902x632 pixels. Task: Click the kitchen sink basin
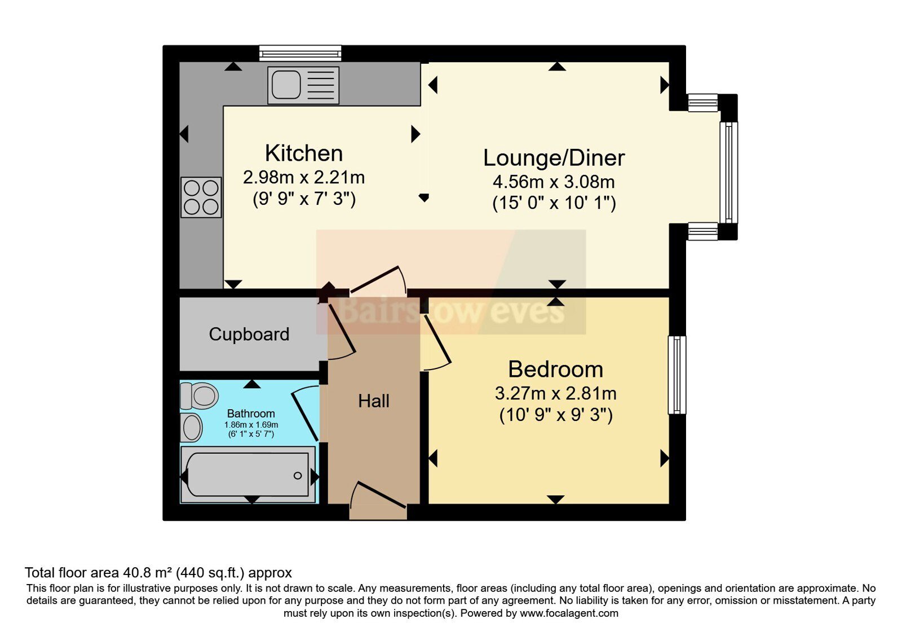(286, 85)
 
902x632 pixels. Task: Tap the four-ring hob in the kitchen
(201, 197)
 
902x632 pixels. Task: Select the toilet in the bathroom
(199, 396)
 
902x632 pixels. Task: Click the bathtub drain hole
(298, 476)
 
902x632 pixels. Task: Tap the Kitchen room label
(304, 153)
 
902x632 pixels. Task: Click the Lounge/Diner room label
(554, 157)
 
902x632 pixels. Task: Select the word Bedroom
(556, 369)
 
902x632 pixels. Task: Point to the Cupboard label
(249, 334)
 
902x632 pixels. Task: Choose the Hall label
(374, 401)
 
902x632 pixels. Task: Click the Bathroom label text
(251, 414)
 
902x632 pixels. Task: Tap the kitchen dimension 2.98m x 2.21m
(304, 177)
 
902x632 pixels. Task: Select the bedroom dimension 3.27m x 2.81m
(556, 393)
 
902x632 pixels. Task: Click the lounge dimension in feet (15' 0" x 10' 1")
(554, 203)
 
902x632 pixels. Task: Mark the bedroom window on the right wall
(677, 375)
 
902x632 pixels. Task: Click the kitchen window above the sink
(300, 53)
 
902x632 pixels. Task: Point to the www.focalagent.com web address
(569, 613)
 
